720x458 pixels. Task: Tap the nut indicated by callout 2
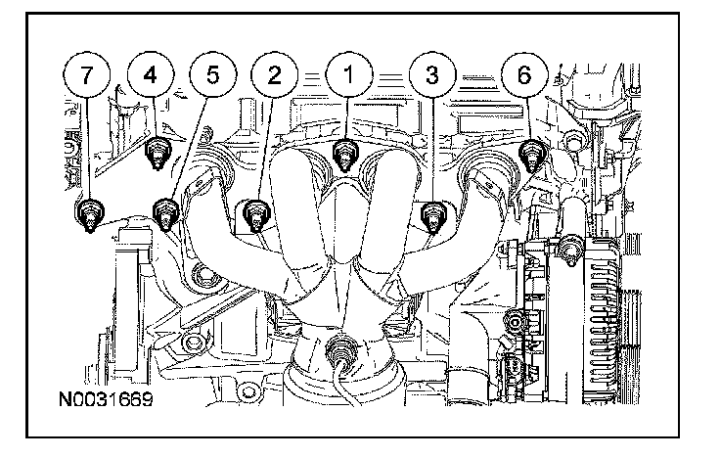pyautogui.click(x=255, y=210)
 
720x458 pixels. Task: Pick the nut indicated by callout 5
pyautogui.click(x=165, y=210)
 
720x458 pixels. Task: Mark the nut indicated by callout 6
pyautogui.click(x=531, y=154)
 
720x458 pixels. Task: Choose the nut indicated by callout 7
pyautogui.click(x=88, y=212)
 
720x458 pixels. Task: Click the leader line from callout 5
pyautogui.click(x=191, y=141)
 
